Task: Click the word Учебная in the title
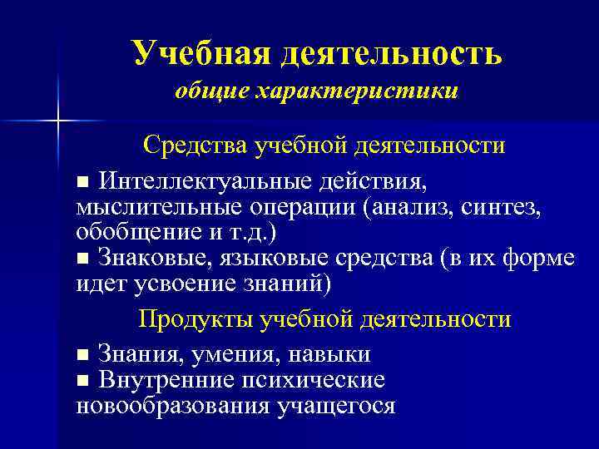(200, 54)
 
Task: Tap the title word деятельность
(391, 54)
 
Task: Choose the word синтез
(508, 205)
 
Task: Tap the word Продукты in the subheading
(196, 319)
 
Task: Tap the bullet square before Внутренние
(82, 382)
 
